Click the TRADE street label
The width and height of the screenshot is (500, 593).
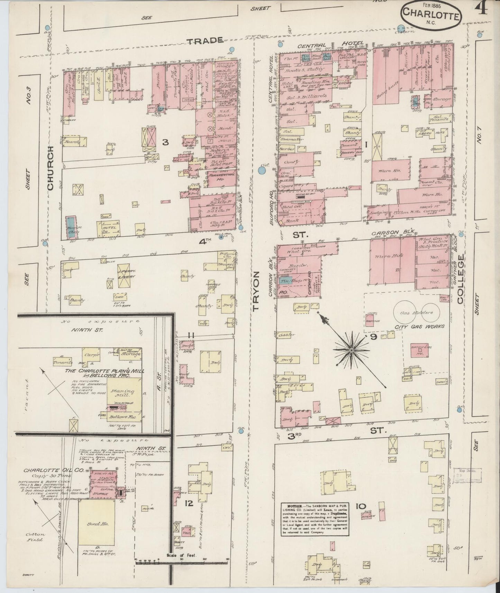click(205, 41)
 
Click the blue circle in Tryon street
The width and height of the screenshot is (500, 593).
click(262, 170)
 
